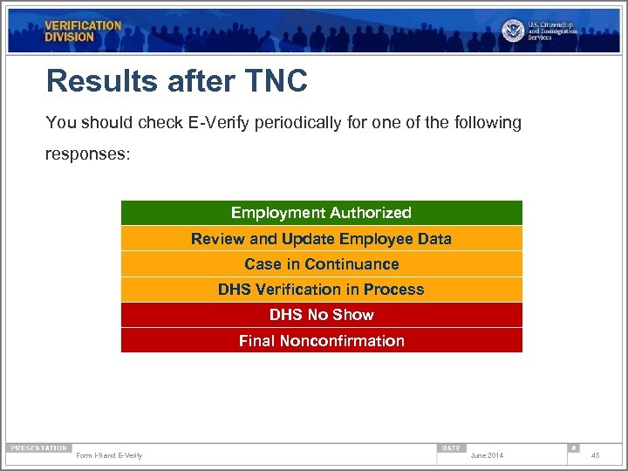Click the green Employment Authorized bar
[x=321, y=213]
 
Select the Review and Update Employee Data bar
[x=321, y=239]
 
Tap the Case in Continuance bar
[x=321, y=264]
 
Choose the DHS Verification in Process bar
[x=321, y=290]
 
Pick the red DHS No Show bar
[x=321, y=315]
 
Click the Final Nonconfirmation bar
[x=321, y=341]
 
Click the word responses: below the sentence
[x=87, y=154]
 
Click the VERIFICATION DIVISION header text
[x=83, y=31]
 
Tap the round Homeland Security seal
[x=513, y=31]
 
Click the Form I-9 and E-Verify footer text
[x=109, y=455]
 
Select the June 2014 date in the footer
[x=487, y=455]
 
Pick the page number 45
[x=595, y=455]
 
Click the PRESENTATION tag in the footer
[x=38, y=448]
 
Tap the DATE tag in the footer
[x=451, y=448]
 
